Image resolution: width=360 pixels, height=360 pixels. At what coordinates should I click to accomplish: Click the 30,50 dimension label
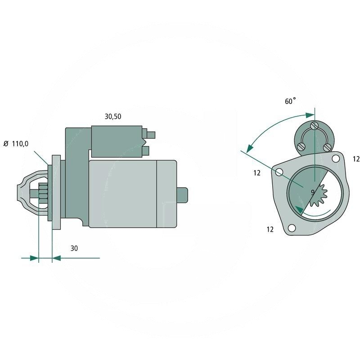point(113,117)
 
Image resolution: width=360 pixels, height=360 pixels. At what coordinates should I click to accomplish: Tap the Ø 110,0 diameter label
point(16,144)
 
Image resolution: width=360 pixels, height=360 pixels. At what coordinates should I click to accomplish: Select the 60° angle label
point(291,101)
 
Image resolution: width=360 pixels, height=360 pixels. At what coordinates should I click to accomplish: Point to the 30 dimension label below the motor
point(74,248)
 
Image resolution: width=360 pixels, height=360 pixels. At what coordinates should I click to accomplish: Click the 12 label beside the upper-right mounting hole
point(356,159)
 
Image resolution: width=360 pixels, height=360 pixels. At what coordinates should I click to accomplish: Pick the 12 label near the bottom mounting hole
point(270,229)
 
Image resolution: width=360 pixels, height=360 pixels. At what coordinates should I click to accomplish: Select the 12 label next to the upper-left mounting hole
point(257,173)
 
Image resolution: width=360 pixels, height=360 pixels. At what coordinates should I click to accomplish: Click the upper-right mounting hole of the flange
point(336,159)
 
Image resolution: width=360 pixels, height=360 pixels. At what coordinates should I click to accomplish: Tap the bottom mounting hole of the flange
point(292,228)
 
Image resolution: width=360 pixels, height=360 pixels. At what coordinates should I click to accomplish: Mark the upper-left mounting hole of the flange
point(279,172)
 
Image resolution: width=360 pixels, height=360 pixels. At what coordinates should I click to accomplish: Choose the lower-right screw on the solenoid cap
point(328,147)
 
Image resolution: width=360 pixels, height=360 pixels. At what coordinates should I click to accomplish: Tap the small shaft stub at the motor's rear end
point(182,195)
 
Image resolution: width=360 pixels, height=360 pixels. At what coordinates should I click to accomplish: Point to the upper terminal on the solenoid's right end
point(151,134)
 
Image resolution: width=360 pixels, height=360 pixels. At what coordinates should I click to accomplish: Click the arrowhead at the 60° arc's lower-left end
point(249,148)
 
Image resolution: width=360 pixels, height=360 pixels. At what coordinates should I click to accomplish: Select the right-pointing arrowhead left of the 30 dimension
point(34,258)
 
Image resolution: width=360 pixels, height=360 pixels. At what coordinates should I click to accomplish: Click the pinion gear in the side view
point(43,195)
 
